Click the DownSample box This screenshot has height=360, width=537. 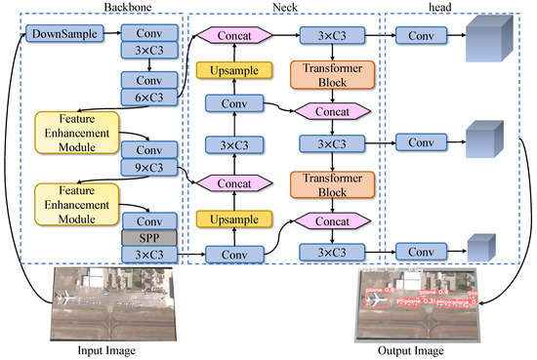tap(62, 36)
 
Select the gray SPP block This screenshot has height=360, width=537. tap(148, 238)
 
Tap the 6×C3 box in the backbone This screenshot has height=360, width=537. tap(148, 98)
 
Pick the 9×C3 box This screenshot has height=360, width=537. tap(148, 168)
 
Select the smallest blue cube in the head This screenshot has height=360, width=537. tap(479, 248)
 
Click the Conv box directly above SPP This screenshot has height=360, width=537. tap(148, 221)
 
